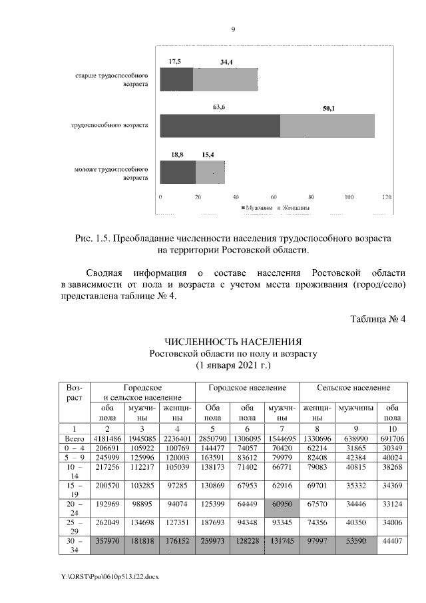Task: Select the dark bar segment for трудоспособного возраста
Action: click(x=220, y=125)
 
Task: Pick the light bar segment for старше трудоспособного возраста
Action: click(x=225, y=79)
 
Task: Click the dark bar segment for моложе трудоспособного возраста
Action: click(x=178, y=172)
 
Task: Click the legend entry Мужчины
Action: click(x=256, y=208)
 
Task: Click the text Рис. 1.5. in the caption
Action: click(x=95, y=238)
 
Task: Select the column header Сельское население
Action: click(x=353, y=387)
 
